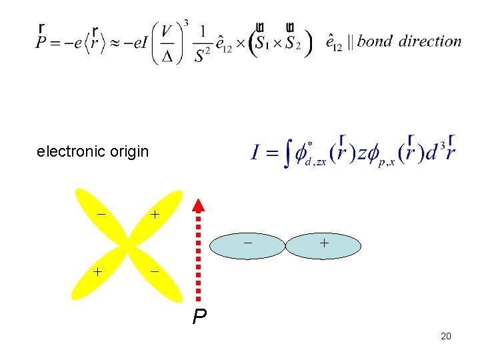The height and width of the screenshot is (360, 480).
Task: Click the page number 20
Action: pos(446,336)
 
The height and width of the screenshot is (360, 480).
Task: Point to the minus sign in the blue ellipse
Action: pos(247,243)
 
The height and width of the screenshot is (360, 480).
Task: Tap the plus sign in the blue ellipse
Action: pos(323,244)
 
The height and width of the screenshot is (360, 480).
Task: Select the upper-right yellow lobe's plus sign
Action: pos(155,215)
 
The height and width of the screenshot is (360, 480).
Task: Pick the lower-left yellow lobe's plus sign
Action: pos(97,272)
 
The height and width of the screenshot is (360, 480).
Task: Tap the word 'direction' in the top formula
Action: pos(430,41)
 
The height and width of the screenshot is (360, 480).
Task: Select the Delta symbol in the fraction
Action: pos(167,55)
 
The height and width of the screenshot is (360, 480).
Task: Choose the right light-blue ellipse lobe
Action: pos(323,245)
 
